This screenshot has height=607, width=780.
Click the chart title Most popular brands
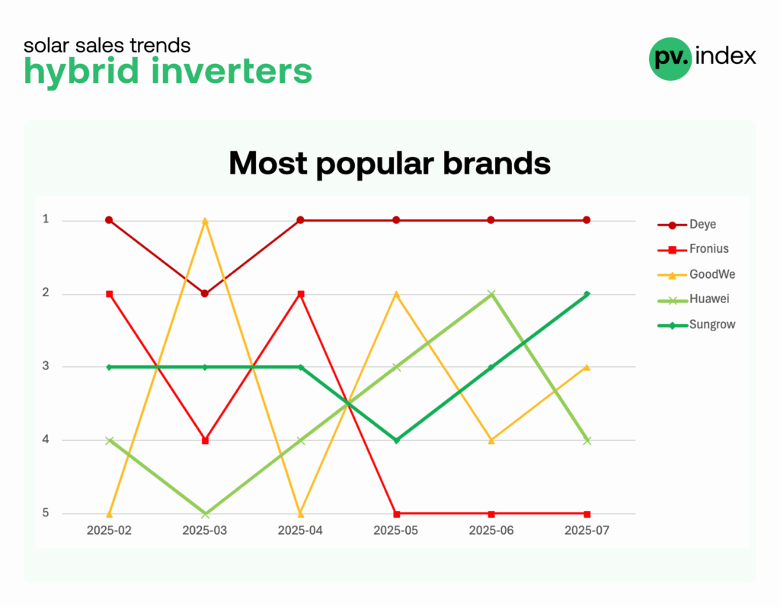pyautogui.click(x=389, y=163)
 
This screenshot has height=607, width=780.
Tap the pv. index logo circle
pyautogui.click(x=670, y=59)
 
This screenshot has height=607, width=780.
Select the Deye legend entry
pyautogui.click(x=687, y=225)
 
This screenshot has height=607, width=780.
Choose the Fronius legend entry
pyautogui.click(x=693, y=249)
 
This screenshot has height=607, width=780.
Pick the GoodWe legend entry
pyautogui.click(x=696, y=274)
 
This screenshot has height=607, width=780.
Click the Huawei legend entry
pyautogui.click(x=693, y=299)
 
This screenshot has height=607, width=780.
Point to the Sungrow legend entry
pyautogui.click(x=696, y=324)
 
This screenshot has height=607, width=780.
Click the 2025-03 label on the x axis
pyautogui.click(x=204, y=530)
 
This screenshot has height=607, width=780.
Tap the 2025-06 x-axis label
pyautogui.click(x=491, y=530)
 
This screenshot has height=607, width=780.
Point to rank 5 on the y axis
pyautogui.click(x=46, y=513)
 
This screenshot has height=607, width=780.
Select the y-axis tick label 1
pyautogui.click(x=46, y=219)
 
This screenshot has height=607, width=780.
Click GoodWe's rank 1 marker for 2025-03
pyautogui.click(x=204, y=220)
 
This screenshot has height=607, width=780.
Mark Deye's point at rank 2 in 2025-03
pyautogui.click(x=204, y=293)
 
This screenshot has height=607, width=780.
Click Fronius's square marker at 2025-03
pyautogui.click(x=205, y=440)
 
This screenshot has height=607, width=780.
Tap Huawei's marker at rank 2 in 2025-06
pyautogui.click(x=491, y=294)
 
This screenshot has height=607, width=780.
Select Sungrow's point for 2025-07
pyautogui.click(x=587, y=294)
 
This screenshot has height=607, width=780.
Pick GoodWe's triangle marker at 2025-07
pyautogui.click(x=587, y=367)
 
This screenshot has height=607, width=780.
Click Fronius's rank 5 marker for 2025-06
pyautogui.click(x=491, y=514)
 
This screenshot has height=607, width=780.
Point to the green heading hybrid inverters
pyautogui.click(x=168, y=71)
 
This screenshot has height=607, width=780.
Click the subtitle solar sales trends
pyautogui.click(x=107, y=45)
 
